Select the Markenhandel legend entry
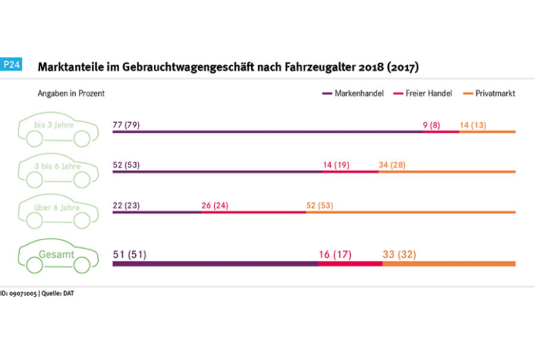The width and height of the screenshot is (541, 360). point(353,93)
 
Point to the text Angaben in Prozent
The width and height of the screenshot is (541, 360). point(71,93)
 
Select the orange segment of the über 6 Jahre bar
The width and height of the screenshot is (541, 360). point(410,212)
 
